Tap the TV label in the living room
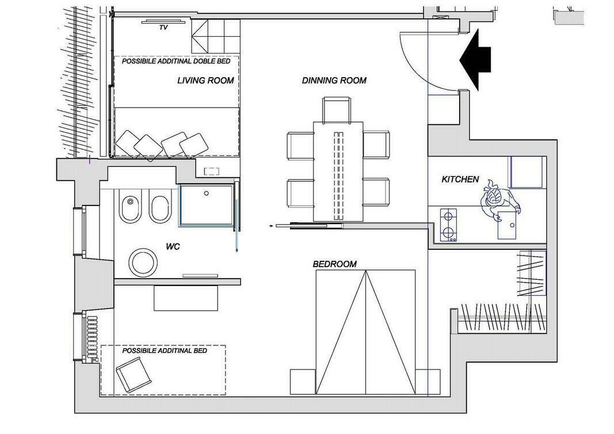pos(163,28)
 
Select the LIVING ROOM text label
pos(205,81)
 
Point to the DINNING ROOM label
pos(334,81)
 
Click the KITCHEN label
pos(460,180)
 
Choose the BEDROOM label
pos(335,264)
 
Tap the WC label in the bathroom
pos(173,247)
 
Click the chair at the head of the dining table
pos(337,110)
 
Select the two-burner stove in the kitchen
pos(449,225)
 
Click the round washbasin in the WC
pos(143,262)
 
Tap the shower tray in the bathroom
pos(207,205)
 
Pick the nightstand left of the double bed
pos(303,382)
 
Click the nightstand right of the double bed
pos(428,382)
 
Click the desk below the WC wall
pos(186,298)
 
